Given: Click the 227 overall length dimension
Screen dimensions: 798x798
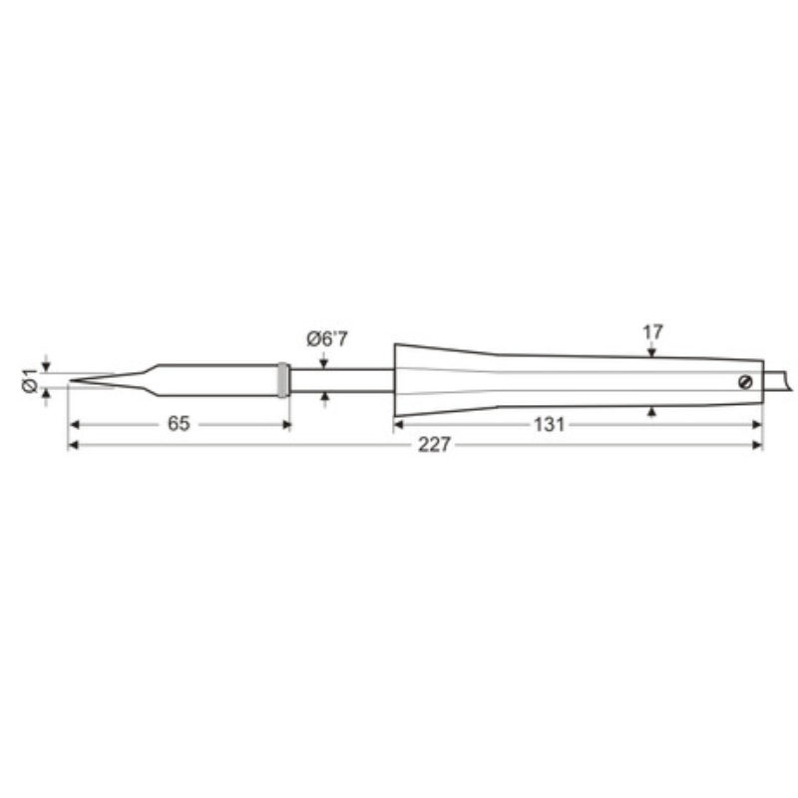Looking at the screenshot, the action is (x=434, y=445).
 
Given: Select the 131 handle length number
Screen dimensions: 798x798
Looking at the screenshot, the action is (x=550, y=425).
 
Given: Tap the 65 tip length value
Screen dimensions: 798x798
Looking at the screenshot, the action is (x=179, y=423).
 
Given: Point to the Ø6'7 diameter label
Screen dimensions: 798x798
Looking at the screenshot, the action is (x=327, y=339).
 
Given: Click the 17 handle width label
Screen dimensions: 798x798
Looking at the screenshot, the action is (x=652, y=332).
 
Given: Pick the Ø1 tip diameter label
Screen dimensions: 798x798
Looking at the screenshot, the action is (x=30, y=380).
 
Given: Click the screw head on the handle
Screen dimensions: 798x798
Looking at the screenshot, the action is (x=745, y=382).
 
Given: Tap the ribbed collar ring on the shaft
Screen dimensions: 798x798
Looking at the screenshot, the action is (x=283, y=380).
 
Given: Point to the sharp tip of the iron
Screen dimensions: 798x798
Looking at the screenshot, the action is (x=70, y=380).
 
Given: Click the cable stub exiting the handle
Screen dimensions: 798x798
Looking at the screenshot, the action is (x=778, y=381).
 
